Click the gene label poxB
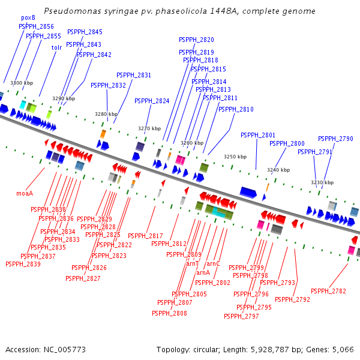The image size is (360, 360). (28, 18)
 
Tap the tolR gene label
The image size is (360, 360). (57, 47)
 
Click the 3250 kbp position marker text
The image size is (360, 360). (235, 157)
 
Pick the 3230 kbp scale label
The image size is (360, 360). (322, 182)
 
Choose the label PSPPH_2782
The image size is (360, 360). (328, 291)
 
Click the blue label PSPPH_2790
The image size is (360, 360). (335, 139)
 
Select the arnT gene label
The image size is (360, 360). (192, 263)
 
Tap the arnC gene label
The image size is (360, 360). (214, 263)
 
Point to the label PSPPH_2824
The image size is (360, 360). (152, 101)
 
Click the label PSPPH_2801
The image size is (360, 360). (258, 135)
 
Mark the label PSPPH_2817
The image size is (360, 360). (145, 236)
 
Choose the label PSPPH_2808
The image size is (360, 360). (169, 313)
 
